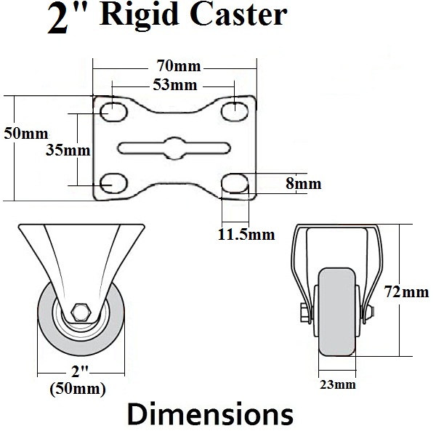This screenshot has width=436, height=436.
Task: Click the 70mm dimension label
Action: point(176,67)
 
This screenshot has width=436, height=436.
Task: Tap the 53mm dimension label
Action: point(176,85)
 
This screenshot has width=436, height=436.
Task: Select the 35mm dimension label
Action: point(68,150)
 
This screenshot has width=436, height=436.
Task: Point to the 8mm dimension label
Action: point(303,184)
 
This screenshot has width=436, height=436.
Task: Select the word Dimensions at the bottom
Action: point(211,415)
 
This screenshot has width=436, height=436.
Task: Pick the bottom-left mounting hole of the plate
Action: point(112,182)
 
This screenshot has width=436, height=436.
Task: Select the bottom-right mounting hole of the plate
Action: point(234,182)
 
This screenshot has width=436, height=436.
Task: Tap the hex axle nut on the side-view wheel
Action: point(81,313)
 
